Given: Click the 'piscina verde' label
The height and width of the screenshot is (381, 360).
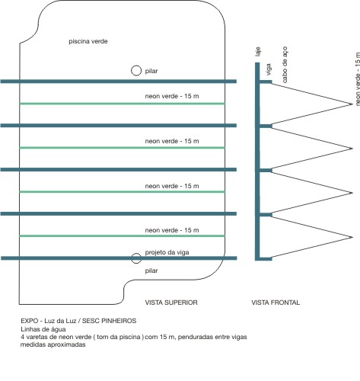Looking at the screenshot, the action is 88,41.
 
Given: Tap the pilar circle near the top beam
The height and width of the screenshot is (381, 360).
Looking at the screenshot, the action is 136,66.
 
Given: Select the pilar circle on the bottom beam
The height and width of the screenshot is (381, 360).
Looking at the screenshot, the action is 136,254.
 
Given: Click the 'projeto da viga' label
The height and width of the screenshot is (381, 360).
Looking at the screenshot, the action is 167,252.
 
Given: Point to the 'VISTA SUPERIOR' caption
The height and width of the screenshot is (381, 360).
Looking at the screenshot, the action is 171,303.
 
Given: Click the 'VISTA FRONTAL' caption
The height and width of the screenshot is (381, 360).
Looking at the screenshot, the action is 276,303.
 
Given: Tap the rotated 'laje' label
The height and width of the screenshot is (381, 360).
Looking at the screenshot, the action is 258,52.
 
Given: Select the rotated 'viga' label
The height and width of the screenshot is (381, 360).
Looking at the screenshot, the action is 269,69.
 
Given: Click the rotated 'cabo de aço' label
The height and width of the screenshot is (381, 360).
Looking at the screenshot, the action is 285,65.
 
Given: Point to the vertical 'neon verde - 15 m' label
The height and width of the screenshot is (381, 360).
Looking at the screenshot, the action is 358,79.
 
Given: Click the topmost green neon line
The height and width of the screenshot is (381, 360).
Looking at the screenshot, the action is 122,104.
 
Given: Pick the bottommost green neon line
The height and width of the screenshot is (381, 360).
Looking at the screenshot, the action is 122,236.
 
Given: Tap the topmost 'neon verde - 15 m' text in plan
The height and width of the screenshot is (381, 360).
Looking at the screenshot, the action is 172,96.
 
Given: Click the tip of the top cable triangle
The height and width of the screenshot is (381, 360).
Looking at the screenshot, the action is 352,104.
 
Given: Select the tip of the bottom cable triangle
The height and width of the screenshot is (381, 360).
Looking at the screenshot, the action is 352,237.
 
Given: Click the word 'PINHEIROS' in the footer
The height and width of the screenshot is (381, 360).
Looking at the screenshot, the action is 119,321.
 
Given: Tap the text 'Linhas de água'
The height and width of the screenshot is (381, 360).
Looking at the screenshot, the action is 43,329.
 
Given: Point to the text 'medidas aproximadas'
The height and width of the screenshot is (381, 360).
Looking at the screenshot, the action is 53,344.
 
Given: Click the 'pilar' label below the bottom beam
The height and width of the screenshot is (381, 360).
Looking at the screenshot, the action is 151,271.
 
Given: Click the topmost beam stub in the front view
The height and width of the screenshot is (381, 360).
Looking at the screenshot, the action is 266,82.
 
